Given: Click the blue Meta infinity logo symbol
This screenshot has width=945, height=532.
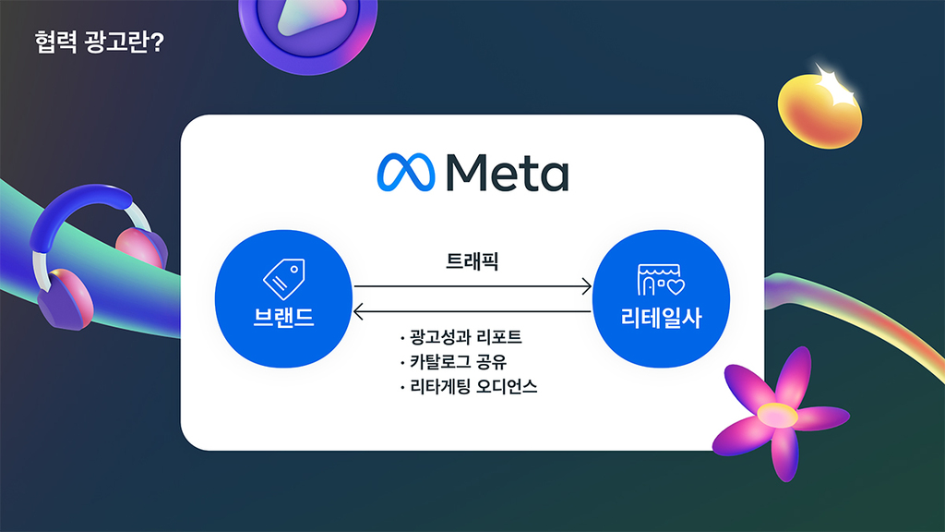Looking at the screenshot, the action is [x=406, y=173].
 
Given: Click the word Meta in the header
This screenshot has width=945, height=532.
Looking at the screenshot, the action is [x=508, y=173].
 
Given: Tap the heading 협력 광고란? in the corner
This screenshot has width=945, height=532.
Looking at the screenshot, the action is [x=100, y=42].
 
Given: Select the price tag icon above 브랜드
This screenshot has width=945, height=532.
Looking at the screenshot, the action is [x=284, y=279].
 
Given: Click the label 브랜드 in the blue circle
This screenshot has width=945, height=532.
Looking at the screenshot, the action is [x=284, y=318].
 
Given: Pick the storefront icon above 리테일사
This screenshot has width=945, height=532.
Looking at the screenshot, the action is [x=661, y=280].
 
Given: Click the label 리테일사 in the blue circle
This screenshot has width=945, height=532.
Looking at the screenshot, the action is [x=661, y=318].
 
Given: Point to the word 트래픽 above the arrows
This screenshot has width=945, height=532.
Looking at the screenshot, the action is [x=472, y=261].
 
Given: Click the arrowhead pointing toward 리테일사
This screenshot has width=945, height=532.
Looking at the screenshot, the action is [x=586, y=286].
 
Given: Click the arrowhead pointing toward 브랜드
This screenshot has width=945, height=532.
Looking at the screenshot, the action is [x=359, y=312].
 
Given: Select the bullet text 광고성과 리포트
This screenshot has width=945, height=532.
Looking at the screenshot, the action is [x=465, y=337].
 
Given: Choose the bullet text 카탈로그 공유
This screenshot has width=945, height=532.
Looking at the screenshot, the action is [x=458, y=362].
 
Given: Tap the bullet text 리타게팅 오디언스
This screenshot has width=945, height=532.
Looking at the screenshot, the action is [x=473, y=387].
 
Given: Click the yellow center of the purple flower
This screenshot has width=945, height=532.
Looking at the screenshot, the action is [x=777, y=415].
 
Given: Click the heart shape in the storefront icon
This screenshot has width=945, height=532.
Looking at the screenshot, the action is [x=676, y=286].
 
